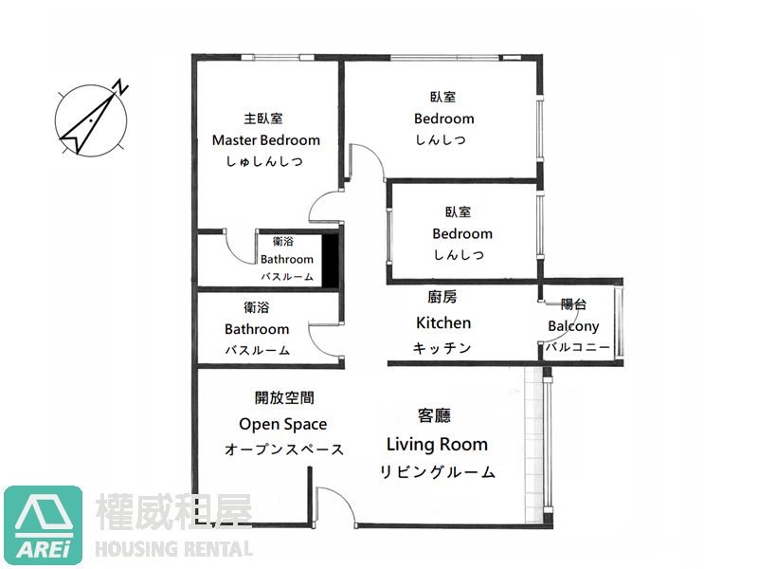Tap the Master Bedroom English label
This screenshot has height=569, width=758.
266,140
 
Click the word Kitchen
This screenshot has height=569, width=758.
443,322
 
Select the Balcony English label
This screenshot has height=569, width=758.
573,326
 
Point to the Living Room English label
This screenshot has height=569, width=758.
437,444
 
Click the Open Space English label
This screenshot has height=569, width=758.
282,424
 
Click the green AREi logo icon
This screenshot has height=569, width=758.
43,524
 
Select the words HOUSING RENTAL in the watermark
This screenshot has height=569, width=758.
174,549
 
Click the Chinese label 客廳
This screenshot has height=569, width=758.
434,415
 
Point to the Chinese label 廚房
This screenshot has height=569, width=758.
442,297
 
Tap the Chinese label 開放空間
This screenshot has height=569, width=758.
284,397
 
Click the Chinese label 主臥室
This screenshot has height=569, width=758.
263,118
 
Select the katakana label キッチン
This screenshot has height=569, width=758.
442,348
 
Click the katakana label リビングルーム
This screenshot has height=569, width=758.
437,471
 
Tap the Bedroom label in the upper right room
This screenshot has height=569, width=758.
443,119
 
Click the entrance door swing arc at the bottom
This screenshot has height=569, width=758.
338,500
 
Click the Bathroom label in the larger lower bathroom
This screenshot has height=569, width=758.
257,329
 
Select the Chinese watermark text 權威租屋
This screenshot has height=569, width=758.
174,512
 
